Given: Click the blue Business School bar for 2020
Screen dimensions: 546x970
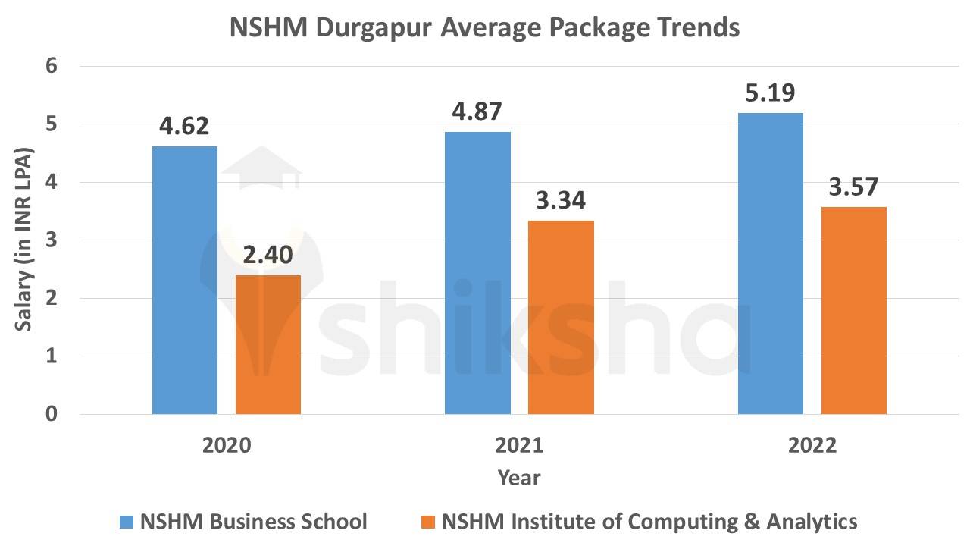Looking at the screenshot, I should point(184,280).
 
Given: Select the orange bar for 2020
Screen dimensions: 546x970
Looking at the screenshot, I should point(268,344).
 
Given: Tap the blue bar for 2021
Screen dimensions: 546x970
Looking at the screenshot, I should point(477,273).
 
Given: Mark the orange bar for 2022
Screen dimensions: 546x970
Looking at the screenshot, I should point(853,310).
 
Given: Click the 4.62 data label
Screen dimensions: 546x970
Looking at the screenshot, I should point(183,126).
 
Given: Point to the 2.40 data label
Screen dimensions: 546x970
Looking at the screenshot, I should point(268,256).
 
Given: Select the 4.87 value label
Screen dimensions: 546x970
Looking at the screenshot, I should point(477,111).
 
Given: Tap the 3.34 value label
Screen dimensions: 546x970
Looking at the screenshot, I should point(561,201).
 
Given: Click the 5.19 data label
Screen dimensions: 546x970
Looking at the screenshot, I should point(770,93).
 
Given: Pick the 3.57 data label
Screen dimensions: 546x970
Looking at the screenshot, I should point(853,187).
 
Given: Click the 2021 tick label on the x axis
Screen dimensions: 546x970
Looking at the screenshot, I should point(519,444).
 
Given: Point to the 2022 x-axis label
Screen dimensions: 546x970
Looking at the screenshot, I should point(812,444).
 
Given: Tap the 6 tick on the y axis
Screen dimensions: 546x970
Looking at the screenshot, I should point(52,66).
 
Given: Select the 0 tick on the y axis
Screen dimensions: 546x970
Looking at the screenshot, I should point(52,414).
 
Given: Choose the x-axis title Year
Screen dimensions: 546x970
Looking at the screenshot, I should point(519,478).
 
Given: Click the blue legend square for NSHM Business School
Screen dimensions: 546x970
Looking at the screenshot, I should point(127,522).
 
